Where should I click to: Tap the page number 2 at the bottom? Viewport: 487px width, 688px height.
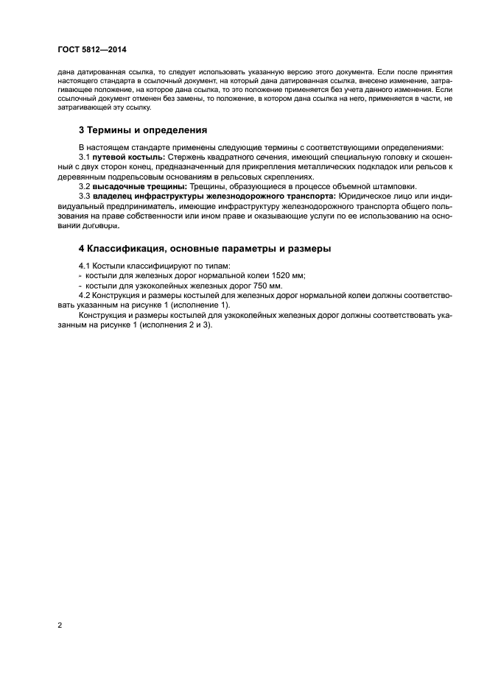(x=60, y=625)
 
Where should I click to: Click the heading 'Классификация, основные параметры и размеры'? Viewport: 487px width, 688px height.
(x=205, y=248)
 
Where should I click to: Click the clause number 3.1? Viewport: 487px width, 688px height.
(x=84, y=157)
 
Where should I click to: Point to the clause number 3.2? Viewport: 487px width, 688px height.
(x=84, y=186)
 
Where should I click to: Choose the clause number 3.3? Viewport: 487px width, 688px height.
(x=84, y=196)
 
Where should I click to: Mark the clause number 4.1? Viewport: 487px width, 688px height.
(x=84, y=265)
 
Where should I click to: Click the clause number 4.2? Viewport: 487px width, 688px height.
(x=84, y=295)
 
